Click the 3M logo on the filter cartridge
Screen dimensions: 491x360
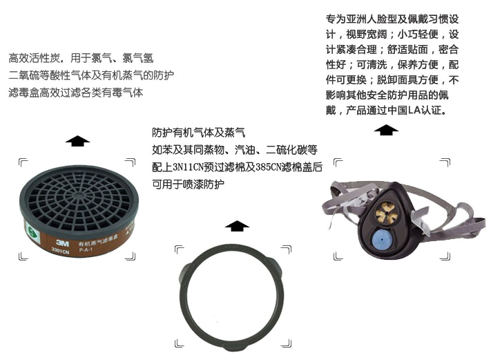pos(62,243)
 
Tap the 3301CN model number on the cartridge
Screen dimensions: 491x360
pos(60,251)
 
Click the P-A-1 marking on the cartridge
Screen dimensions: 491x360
pos(86,249)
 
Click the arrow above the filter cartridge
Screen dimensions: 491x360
pos(77,141)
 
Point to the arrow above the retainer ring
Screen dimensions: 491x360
pos(237,225)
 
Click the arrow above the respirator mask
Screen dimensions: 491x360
pos(386,130)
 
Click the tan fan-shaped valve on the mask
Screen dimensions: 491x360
pos(387,213)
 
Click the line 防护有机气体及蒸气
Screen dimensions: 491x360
pos(198,133)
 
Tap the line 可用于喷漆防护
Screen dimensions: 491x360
pos(189,184)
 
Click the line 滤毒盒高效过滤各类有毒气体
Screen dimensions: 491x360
pos(76,93)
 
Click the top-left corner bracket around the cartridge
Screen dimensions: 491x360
pos(23,163)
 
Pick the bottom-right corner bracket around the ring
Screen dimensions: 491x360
pos(287,343)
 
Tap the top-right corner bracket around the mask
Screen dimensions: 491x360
pos(445,162)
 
